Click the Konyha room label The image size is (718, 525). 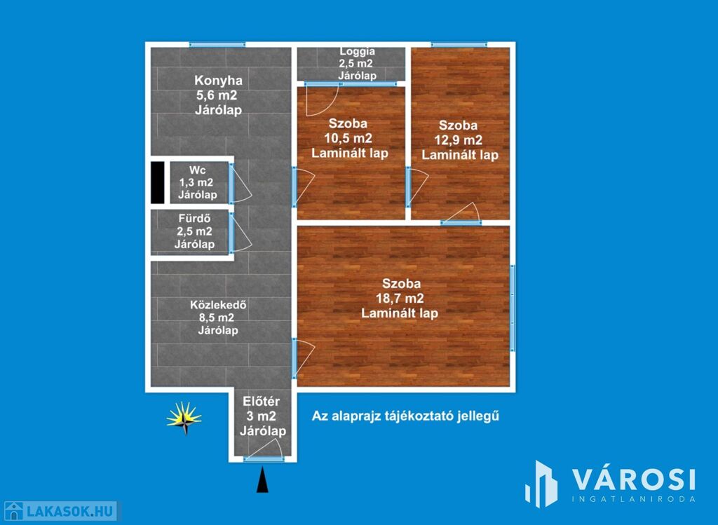click(x=219, y=81)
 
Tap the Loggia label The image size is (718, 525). click(x=357, y=51)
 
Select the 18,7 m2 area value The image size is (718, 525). click(x=400, y=299)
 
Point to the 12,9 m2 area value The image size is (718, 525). click(x=459, y=140)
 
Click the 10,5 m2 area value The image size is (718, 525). click(x=348, y=138)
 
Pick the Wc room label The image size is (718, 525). click(x=197, y=170)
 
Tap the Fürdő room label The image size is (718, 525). click(x=195, y=218)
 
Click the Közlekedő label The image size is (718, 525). click(x=219, y=305)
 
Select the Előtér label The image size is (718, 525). click(x=261, y=402)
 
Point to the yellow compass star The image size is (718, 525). click(x=184, y=418)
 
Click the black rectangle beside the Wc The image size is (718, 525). click(x=158, y=182)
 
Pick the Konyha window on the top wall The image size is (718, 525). click(x=217, y=44)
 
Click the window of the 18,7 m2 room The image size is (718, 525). click(x=513, y=308)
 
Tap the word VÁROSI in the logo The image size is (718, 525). click(x=634, y=479)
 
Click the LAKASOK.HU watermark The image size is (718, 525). click(x=60, y=511)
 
